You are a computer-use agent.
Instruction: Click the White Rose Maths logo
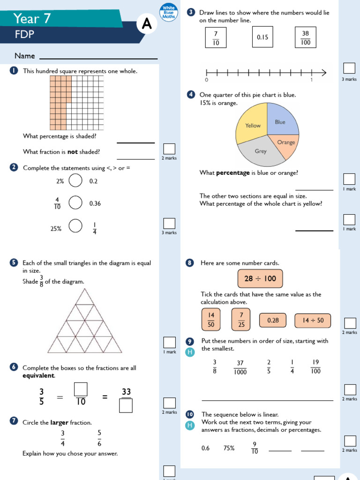pyautogui.click(x=168, y=12)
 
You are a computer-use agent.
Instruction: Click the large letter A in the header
pyautogui.click(x=147, y=25)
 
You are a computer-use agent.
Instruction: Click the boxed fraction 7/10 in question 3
pyautogui.click(x=216, y=37)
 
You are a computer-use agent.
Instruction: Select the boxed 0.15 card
pyautogui.click(x=262, y=37)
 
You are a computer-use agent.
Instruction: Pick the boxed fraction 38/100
pyautogui.click(x=306, y=37)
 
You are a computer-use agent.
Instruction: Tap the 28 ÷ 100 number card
pyautogui.click(x=260, y=278)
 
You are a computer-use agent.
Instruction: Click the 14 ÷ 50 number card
pyautogui.click(x=313, y=321)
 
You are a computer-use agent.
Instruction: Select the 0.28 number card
pyautogui.click(x=273, y=321)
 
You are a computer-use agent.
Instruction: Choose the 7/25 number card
pyautogui.click(x=241, y=320)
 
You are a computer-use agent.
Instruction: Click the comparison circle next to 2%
pyautogui.click(x=75, y=180)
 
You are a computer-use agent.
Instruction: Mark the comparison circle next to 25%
pyautogui.click(x=75, y=226)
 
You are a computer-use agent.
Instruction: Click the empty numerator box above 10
pyautogui.click(x=81, y=389)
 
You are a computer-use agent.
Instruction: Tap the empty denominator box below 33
pyautogui.click(x=126, y=405)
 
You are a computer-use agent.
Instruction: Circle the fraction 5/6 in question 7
pyautogui.click(x=99, y=438)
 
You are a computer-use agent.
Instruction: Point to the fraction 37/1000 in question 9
pyautogui.click(x=240, y=367)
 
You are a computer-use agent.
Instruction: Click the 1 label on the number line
pyautogui.click(x=312, y=81)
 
